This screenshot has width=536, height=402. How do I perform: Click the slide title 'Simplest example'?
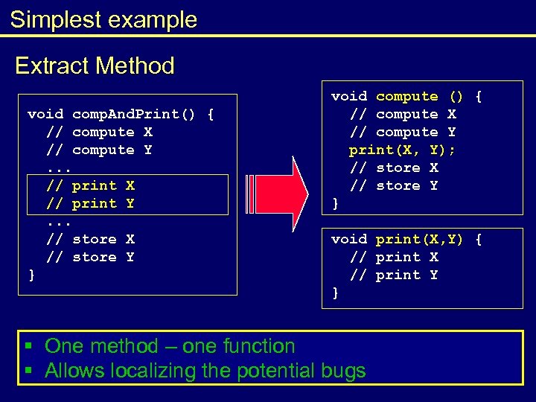[x=104, y=19]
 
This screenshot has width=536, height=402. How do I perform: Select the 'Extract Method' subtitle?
[x=95, y=66]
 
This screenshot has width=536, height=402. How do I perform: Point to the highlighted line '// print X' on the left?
[x=90, y=185]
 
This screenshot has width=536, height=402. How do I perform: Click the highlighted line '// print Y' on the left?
[x=90, y=203]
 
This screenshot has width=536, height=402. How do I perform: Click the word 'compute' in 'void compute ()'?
[x=406, y=96]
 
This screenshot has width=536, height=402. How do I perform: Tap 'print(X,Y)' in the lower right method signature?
[x=419, y=239]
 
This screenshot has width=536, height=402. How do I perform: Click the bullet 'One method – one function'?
[x=170, y=346]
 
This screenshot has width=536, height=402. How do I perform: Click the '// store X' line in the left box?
[x=90, y=239]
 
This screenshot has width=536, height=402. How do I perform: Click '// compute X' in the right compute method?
[x=403, y=114]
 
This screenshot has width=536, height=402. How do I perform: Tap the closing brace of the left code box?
[x=31, y=275]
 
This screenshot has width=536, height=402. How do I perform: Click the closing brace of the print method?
[x=335, y=293]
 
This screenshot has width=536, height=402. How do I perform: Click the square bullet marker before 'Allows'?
[x=28, y=370]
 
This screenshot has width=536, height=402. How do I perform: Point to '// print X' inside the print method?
[x=394, y=257]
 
